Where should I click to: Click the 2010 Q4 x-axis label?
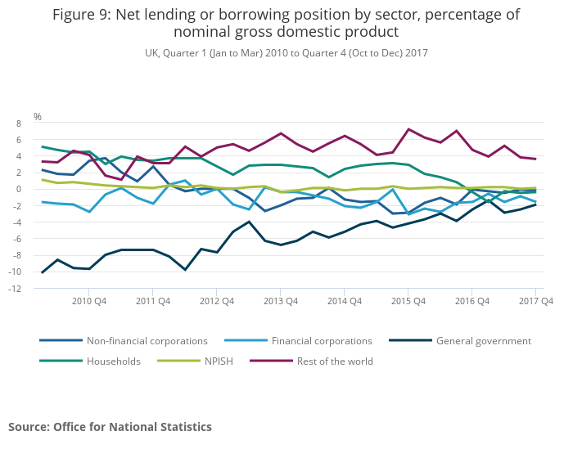88,301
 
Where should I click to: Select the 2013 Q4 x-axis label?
280,301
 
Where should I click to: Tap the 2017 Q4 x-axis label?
535,301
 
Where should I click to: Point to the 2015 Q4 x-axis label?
408,301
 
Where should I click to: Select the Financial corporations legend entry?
322,341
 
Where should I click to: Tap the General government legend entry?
483,341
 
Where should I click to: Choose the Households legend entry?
113,361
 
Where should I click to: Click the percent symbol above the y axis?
37,117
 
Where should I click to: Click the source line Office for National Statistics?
133,427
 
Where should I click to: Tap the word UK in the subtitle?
151,52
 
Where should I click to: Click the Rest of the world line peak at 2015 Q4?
408,129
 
